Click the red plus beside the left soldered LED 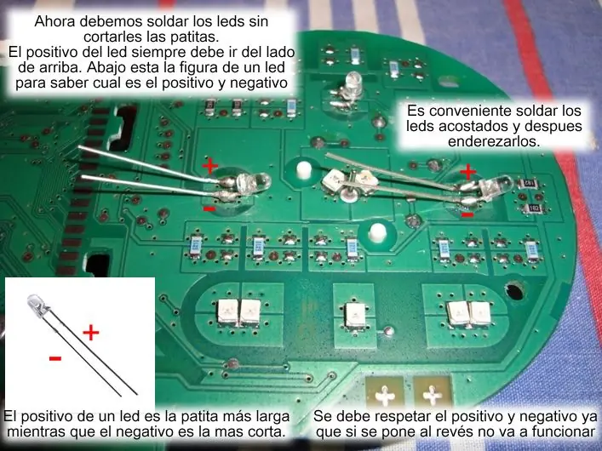pyautogui.click(x=209, y=166)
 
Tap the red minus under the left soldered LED pyautogui.click(x=209, y=208)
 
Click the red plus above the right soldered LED pyautogui.click(x=467, y=171)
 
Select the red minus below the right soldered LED pyautogui.click(x=467, y=215)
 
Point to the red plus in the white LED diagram pyautogui.click(x=91, y=333)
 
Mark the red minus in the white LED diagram pyautogui.click(x=55, y=358)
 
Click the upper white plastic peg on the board pyautogui.click(x=303, y=171)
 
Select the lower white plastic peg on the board pyautogui.click(x=376, y=233)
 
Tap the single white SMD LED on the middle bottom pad pyautogui.click(x=355, y=314)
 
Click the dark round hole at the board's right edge pyautogui.click(x=514, y=291)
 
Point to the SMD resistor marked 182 pyautogui.click(x=534, y=208)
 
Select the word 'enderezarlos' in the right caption pyautogui.click(x=494, y=141)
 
